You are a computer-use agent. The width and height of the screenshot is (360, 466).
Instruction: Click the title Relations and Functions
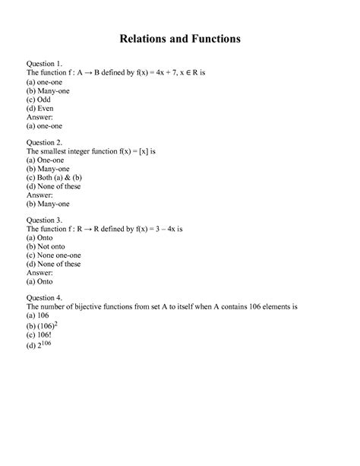point(180,37)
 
